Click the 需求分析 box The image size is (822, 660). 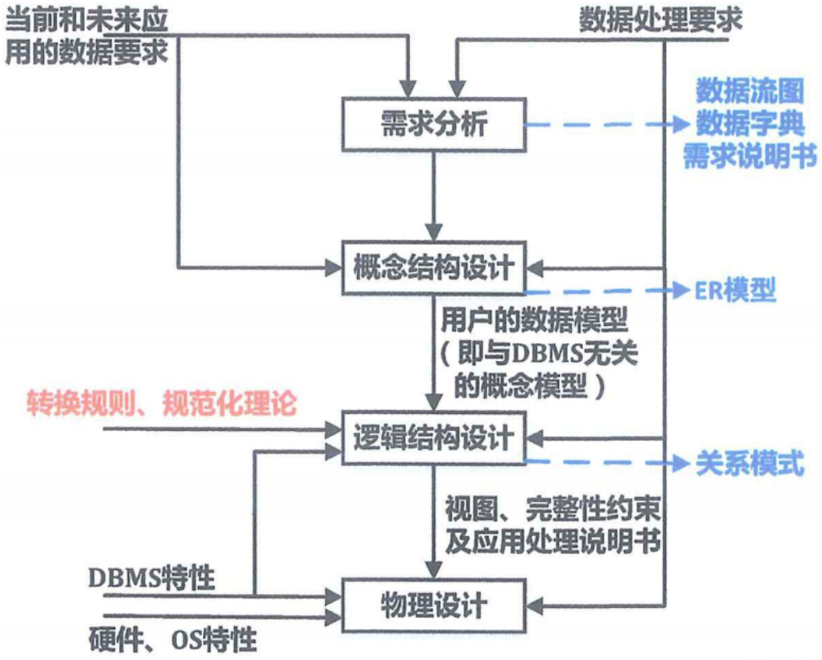pyautogui.click(x=433, y=125)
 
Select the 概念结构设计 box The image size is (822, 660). pyautogui.click(x=433, y=267)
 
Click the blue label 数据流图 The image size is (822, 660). pyautogui.click(x=749, y=90)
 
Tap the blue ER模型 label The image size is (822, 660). pyautogui.click(x=735, y=290)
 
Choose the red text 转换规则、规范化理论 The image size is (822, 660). pyautogui.click(x=160, y=403)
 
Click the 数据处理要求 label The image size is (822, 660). pyautogui.click(x=661, y=20)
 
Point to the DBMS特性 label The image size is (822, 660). pyautogui.click(x=152, y=579)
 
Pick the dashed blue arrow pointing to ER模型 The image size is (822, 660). pyautogui.click(x=603, y=291)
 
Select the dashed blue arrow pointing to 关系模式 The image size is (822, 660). pyautogui.click(x=603, y=464)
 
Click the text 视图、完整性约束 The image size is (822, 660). pyautogui.click(x=552, y=510)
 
